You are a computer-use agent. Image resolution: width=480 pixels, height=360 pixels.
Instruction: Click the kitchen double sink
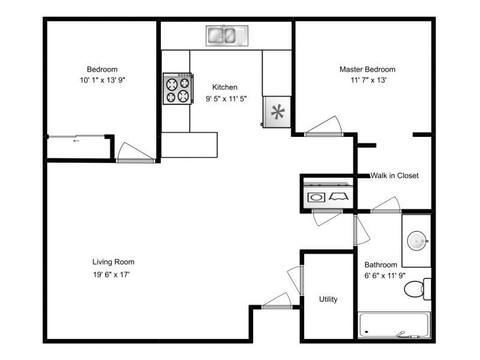(226, 35)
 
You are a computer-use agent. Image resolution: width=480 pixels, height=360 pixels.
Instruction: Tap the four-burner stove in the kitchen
(177, 88)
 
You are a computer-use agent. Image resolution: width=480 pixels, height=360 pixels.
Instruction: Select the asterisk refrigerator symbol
(277, 112)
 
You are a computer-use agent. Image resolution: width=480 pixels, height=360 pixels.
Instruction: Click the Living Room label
(113, 262)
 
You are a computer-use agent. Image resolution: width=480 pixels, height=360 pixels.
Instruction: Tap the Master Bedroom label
(367, 70)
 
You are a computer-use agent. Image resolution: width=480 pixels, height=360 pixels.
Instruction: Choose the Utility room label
(328, 299)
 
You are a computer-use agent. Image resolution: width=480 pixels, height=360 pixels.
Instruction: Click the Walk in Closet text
(394, 176)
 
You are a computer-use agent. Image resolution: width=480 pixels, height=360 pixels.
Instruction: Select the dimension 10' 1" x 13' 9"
(102, 80)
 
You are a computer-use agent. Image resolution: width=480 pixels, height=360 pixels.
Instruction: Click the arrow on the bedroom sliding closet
(76, 141)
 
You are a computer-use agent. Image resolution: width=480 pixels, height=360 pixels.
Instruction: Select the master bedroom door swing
(324, 127)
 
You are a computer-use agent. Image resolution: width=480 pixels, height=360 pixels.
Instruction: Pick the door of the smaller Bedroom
(134, 152)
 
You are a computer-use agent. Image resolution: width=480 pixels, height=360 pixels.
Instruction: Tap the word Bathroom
(381, 265)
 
